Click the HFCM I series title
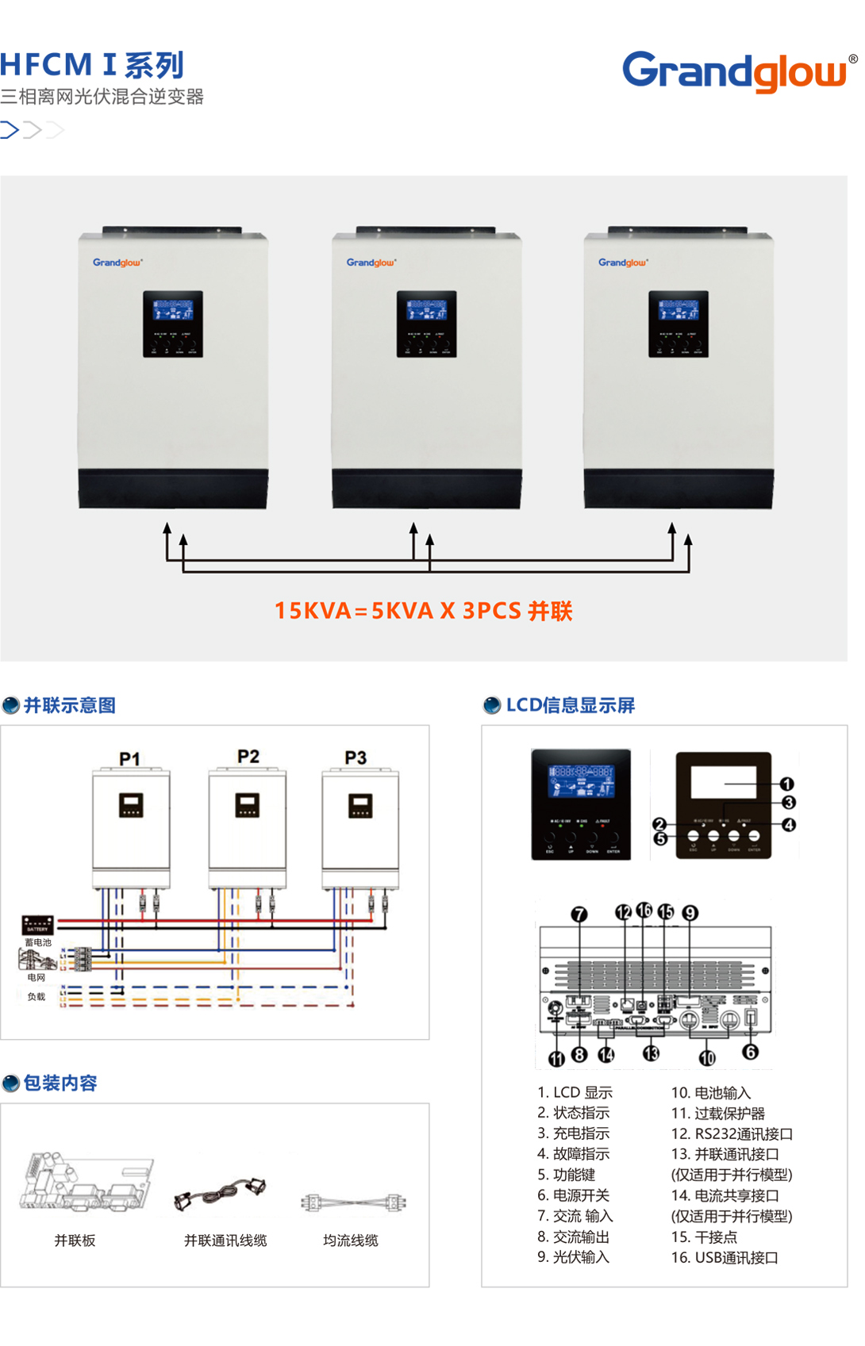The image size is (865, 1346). coord(92,64)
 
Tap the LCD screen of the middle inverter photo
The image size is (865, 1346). coord(427,310)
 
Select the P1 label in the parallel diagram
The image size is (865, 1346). coord(129,759)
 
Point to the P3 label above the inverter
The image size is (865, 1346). coord(356,757)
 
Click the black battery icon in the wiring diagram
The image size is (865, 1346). coord(37,925)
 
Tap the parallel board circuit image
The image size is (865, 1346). coord(86,1183)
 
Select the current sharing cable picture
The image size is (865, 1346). coord(353,1202)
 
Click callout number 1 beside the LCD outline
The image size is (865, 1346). coord(786,784)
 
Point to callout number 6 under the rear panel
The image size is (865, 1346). coord(750,1052)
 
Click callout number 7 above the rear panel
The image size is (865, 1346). coord(579,914)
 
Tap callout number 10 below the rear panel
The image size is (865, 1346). coord(707,1058)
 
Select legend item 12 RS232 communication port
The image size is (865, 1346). coord(732,1134)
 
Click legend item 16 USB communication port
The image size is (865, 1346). coord(724,1257)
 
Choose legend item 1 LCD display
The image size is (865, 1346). coord(575,1092)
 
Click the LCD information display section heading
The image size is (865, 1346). coord(570,705)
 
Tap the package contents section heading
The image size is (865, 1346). coord(60,1083)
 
